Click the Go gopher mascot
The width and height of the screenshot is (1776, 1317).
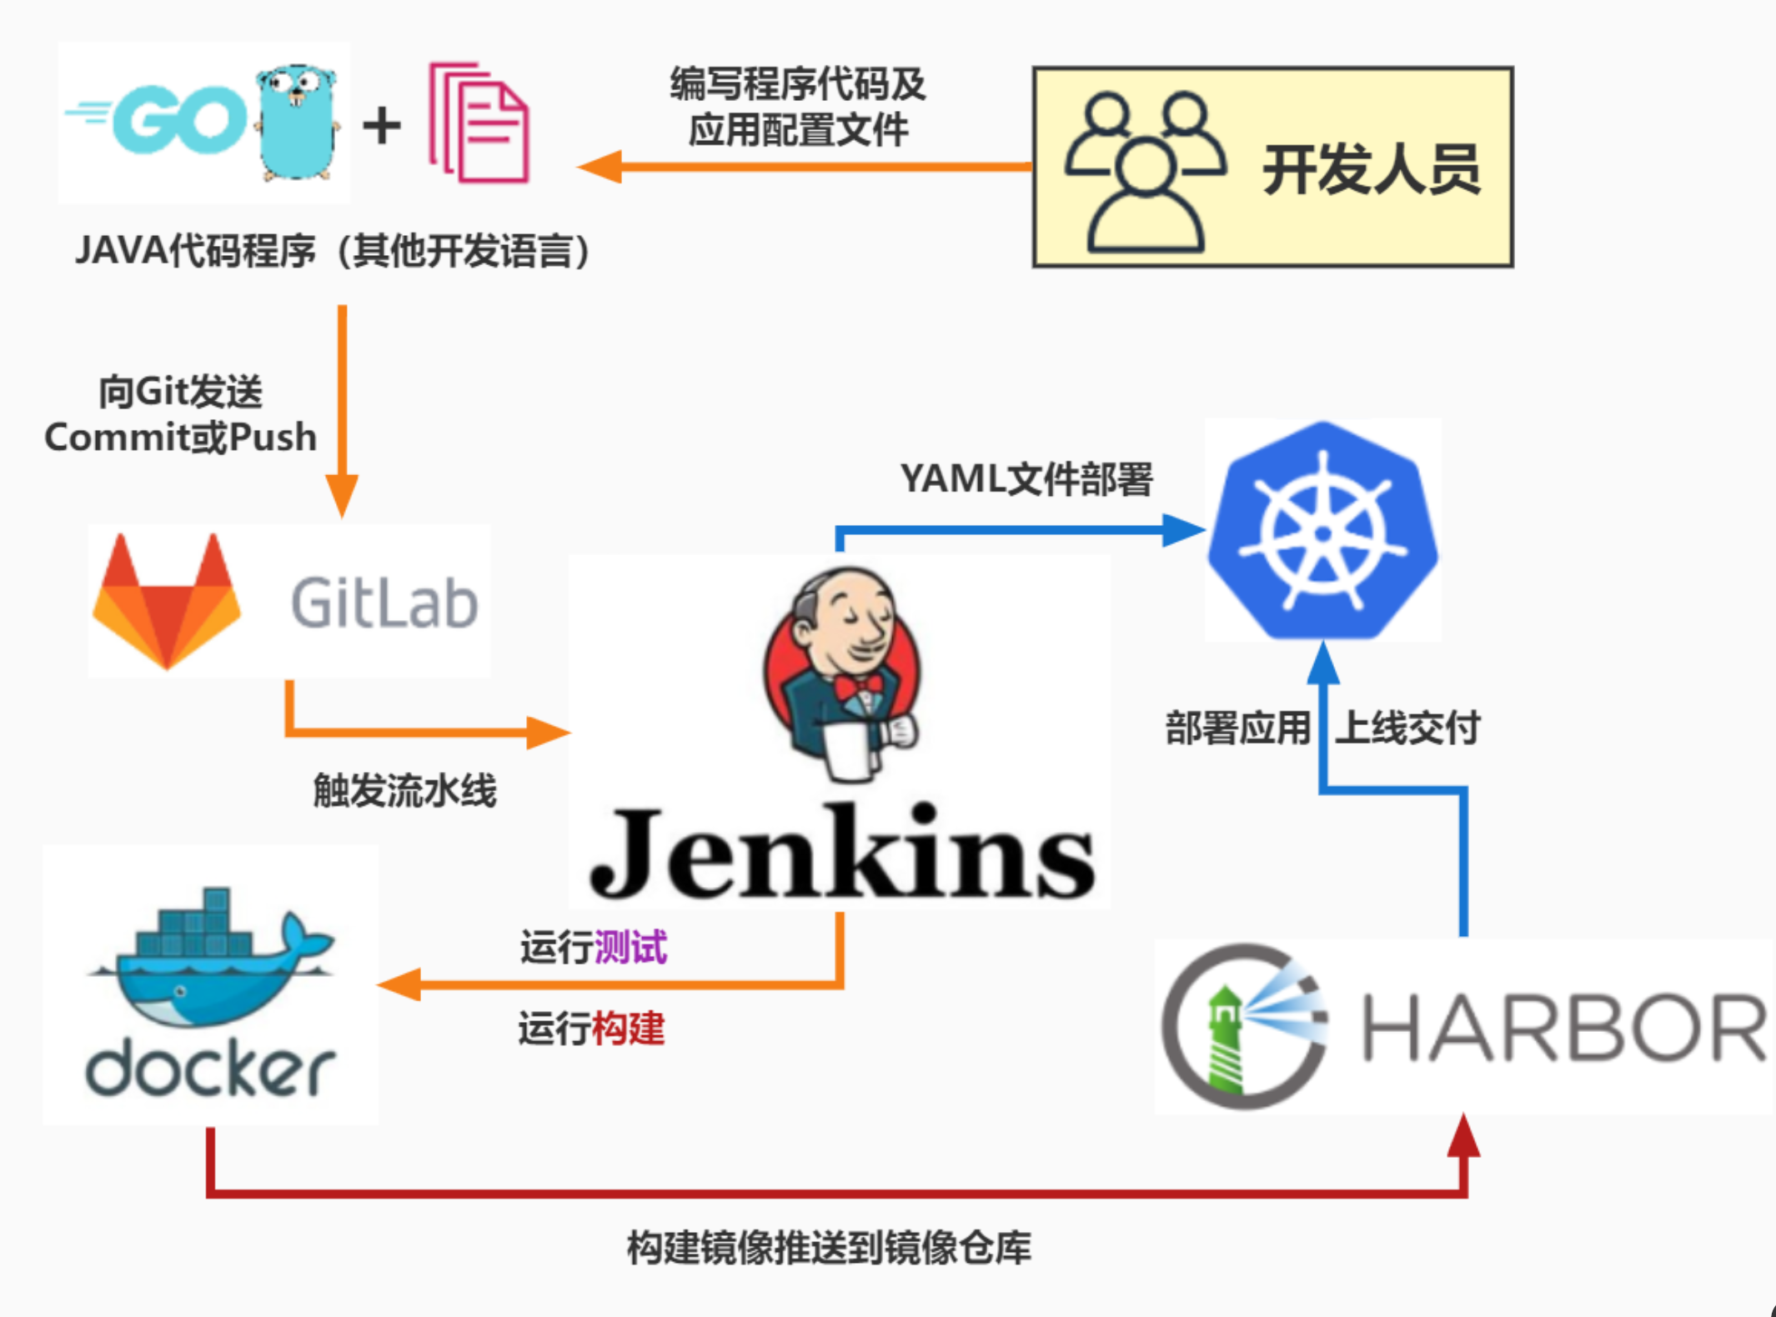pos(297,123)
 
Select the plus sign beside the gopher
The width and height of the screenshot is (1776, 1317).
pos(382,126)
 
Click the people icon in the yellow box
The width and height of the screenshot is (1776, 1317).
pos(1145,172)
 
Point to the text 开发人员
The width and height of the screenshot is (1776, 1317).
pos(1371,170)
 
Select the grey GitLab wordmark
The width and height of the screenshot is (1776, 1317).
pos(384,603)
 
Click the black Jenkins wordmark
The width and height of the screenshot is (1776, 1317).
pos(842,852)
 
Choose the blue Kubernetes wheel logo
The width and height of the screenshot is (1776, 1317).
pos(1323,531)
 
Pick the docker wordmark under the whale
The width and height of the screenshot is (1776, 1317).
pos(210,1069)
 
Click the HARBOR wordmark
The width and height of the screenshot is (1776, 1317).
pos(1563,1029)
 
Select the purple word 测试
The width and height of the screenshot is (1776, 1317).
pos(631,948)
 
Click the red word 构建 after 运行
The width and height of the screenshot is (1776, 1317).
pos(628,1029)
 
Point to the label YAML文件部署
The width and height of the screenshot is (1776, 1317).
pos(1026,479)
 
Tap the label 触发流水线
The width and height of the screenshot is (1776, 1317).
pos(404,790)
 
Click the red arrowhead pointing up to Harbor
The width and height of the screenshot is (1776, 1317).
pos(1463,1135)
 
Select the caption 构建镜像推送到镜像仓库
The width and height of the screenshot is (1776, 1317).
pos(829,1248)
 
